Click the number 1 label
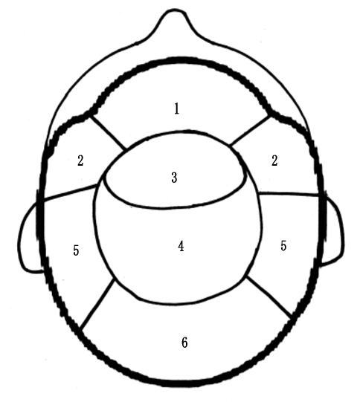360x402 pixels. [x=176, y=108]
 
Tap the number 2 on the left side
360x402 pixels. [x=80, y=161]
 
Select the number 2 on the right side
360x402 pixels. [x=274, y=161]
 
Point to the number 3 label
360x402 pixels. [x=175, y=178]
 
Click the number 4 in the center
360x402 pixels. [x=181, y=247]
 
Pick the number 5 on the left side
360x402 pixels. [x=76, y=250]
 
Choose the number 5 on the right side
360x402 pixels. [x=283, y=245]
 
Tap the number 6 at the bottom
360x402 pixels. [x=184, y=343]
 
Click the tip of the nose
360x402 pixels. [x=175, y=10]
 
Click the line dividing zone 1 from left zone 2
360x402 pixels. [x=108, y=132]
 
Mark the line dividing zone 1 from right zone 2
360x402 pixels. [x=250, y=130]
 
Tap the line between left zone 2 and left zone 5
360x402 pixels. [x=70, y=192]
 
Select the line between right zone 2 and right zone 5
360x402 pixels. [x=289, y=194]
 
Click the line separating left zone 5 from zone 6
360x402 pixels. [x=97, y=305]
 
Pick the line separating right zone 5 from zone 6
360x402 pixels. [x=269, y=297]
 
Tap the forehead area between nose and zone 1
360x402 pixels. [x=177, y=44]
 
